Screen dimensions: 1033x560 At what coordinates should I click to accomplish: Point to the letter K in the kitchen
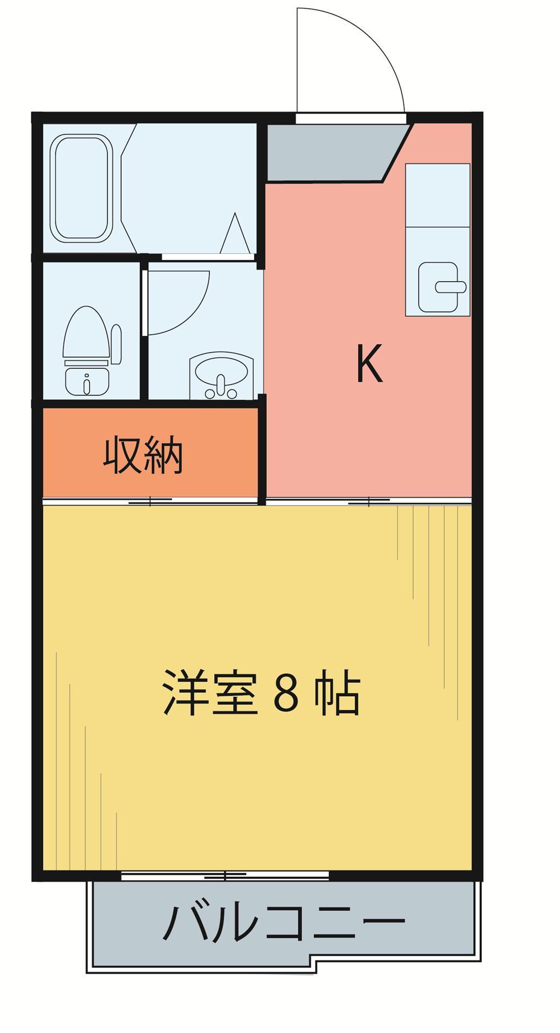(x=370, y=363)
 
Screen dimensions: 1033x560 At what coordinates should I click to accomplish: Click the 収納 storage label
(x=144, y=457)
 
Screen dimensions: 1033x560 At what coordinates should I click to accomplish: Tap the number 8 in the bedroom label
(x=286, y=692)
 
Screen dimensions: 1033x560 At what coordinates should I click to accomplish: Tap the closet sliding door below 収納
(x=151, y=501)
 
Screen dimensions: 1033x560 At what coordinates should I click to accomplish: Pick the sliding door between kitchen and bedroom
(x=368, y=502)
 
